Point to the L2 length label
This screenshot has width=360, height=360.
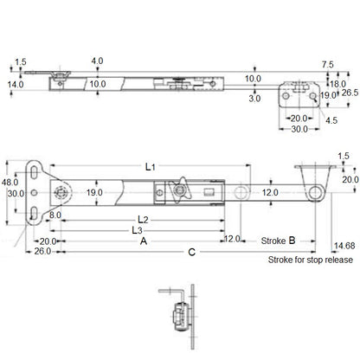click(144, 220)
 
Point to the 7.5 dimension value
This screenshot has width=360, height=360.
click(327, 64)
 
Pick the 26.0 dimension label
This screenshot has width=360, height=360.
click(42, 251)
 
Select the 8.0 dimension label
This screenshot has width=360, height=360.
click(55, 214)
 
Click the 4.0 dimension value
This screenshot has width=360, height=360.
click(97, 61)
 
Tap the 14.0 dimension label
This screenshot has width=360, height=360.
click(16, 84)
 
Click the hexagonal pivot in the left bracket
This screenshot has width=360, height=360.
click(61, 192)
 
